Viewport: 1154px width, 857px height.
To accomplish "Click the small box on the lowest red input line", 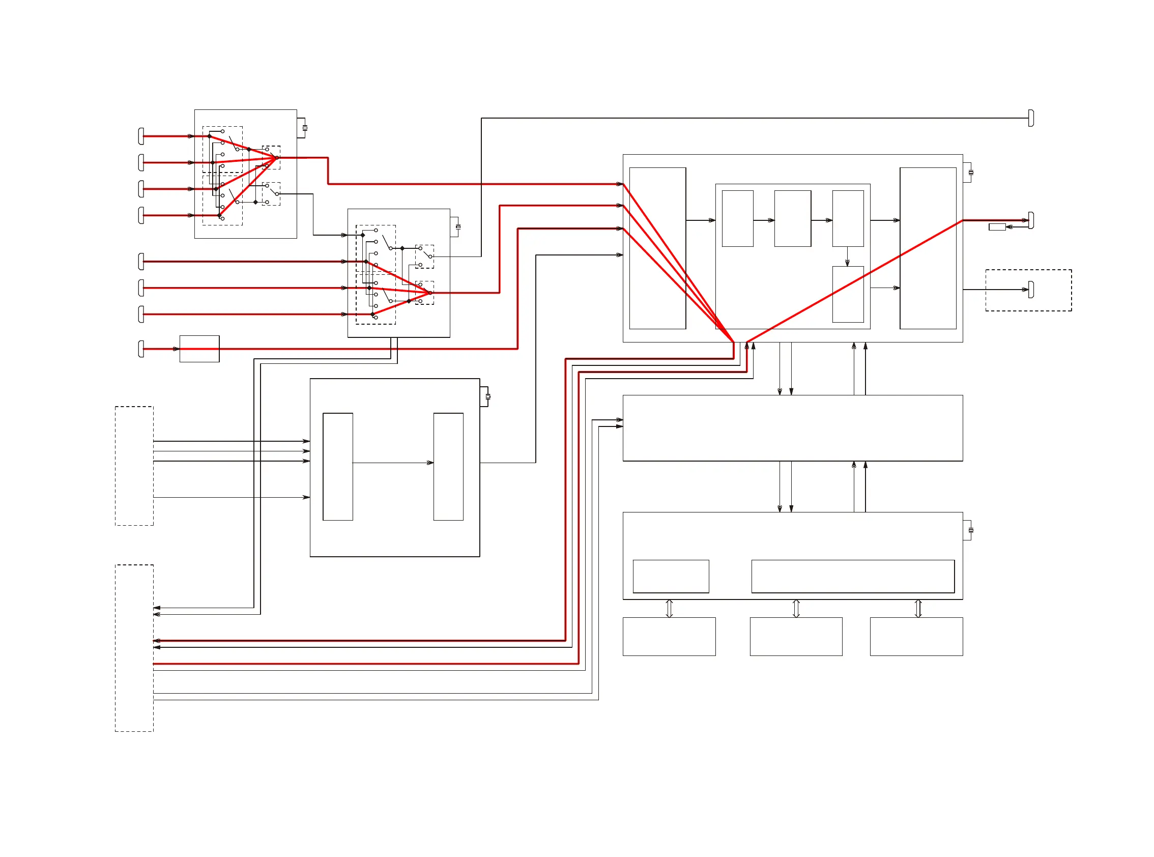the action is [199, 349].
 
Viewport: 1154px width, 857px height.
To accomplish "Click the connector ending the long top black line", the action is [1030, 118].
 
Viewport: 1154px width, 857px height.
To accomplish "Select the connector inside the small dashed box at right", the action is [1030, 290].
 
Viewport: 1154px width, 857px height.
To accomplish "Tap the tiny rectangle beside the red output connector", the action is [997, 226].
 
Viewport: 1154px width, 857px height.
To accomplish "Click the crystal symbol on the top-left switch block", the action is [305, 128].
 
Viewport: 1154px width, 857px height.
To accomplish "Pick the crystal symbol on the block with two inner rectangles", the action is [487, 396].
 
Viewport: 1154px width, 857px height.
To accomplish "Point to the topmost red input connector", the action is [141, 136].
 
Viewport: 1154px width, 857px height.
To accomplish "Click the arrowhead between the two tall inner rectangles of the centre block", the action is [430, 463].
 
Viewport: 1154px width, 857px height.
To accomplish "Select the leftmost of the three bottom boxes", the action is [669, 637].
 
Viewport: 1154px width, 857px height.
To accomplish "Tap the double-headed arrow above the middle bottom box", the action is [796, 609].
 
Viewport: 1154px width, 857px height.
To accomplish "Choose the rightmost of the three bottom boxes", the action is [916, 637].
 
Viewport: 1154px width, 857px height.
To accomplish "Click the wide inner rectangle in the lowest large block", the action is [853, 577].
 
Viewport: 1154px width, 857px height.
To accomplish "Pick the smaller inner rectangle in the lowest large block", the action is [671, 577].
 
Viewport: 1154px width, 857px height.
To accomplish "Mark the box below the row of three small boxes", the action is [848, 294].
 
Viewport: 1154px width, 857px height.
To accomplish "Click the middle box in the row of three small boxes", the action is [793, 218].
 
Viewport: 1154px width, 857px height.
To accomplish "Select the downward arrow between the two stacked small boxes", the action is [848, 263].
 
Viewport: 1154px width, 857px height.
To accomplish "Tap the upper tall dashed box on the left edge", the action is [134, 466].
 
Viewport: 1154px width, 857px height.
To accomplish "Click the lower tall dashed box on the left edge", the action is [134, 648].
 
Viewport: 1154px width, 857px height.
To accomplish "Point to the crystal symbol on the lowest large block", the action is [971, 530].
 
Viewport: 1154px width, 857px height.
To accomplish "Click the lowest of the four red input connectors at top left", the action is [141, 215].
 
